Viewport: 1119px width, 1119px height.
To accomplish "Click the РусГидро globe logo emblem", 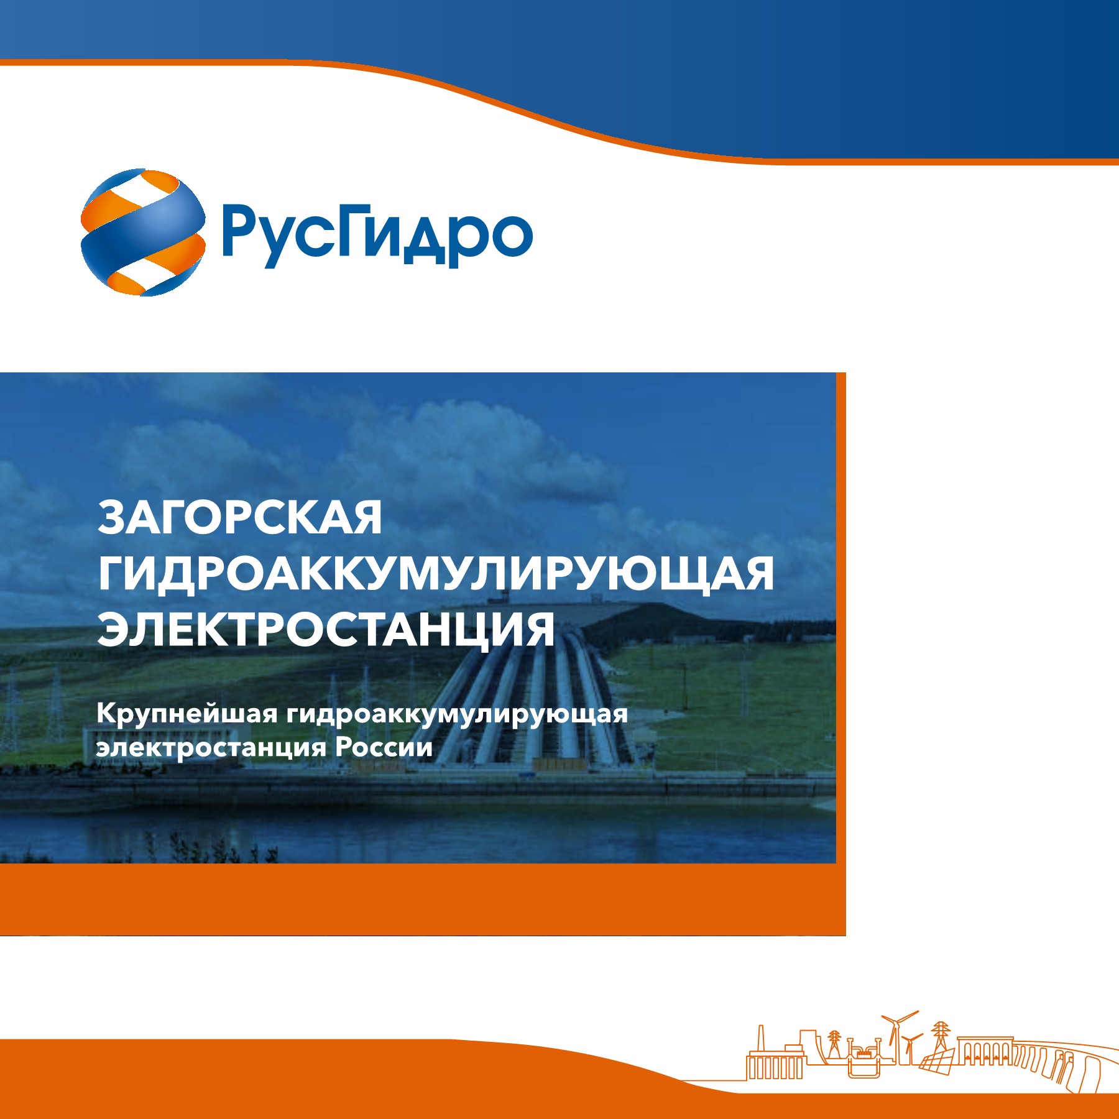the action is coord(143,232).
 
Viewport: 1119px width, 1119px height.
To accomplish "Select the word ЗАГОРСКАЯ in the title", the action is coord(240,517).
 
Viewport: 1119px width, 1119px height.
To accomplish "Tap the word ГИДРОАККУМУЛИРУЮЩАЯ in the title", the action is coord(436,574).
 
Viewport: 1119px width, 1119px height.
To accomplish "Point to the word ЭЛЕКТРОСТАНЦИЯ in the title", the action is coord(326,629).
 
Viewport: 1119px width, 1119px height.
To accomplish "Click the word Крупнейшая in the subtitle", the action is coord(186,714).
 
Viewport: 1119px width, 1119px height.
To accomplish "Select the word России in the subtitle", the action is coord(384,747).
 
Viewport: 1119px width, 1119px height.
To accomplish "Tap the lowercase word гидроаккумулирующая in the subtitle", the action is coord(457,714).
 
